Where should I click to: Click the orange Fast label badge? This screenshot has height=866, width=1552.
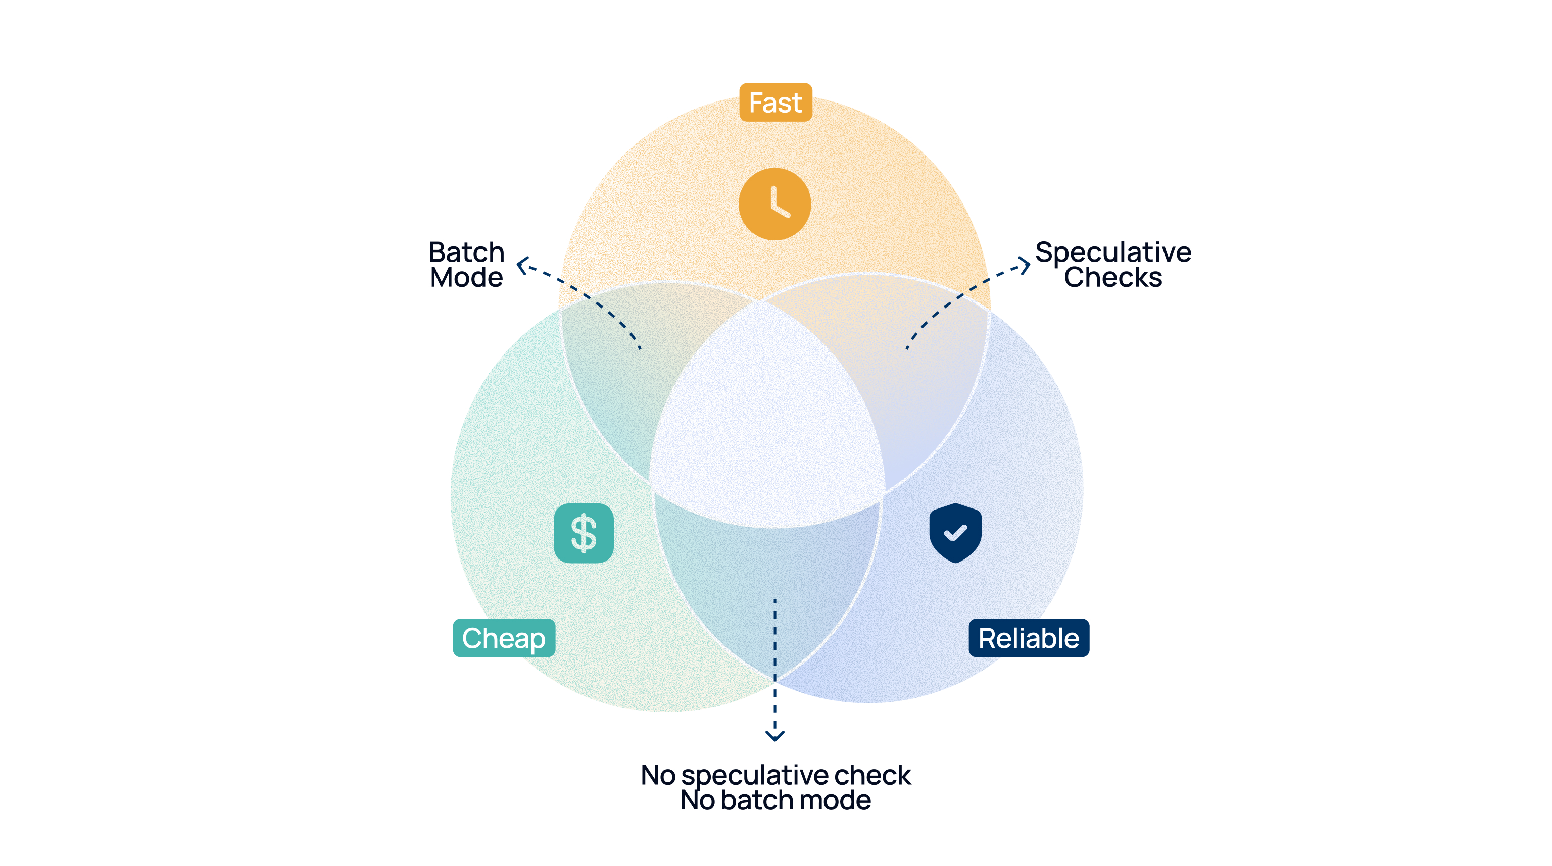(775, 103)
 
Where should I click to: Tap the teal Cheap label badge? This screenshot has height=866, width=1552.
(504, 638)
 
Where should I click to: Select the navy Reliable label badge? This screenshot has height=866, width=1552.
(1029, 638)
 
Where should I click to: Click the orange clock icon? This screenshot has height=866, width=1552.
(775, 204)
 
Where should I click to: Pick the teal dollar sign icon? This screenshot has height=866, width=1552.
(583, 533)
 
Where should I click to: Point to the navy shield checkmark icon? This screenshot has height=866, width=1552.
(955, 533)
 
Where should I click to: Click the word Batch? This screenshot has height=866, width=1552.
(466, 252)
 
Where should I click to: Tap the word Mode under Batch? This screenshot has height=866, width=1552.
(466, 278)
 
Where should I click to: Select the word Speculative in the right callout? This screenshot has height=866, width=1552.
(1113, 252)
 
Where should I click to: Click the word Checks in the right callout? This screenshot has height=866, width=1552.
(1113, 278)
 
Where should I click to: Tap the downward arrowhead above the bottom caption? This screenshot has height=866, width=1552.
(775, 735)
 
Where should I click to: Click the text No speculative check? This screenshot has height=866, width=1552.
(775, 775)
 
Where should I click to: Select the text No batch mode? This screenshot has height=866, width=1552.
(775, 800)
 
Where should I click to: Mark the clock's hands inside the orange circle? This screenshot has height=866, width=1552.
(779, 203)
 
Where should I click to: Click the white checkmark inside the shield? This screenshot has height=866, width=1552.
(955, 532)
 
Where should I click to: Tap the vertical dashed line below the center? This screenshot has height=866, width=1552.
(775, 663)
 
